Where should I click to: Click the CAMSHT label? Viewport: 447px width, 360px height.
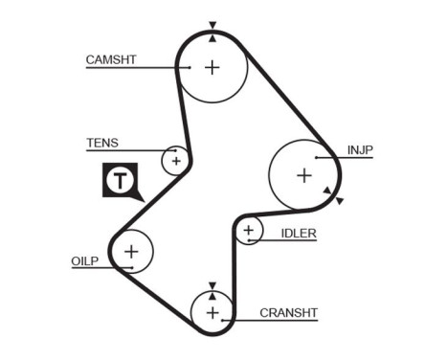click(x=111, y=59)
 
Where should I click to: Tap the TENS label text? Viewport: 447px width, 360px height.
click(x=102, y=143)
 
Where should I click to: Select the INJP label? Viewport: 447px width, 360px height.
click(x=361, y=149)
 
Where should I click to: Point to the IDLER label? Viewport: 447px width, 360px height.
click(x=299, y=233)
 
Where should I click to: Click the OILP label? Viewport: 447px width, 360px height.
click(x=85, y=260)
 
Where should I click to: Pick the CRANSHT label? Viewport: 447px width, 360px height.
click(x=288, y=312)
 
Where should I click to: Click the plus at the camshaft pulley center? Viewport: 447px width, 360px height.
click(x=212, y=67)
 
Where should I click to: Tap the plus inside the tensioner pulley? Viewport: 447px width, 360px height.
click(x=175, y=160)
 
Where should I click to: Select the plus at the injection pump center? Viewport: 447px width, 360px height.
click(x=303, y=175)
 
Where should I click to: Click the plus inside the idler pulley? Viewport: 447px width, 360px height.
click(x=249, y=230)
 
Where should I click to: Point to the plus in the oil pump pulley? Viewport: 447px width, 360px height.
click(x=131, y=252)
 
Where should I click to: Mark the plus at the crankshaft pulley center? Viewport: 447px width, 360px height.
click(x=212, y=313)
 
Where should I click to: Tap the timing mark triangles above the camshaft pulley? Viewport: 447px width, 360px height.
click(x=212, y=29)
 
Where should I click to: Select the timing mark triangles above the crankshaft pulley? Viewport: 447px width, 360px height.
click(x=212, y=287)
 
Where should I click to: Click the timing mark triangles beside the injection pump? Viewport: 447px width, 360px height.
click(x=332, y=196)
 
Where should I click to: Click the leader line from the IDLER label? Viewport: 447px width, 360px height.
click(x=287, y=240)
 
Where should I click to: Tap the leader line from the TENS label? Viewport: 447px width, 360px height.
click(x=124, y=150)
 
